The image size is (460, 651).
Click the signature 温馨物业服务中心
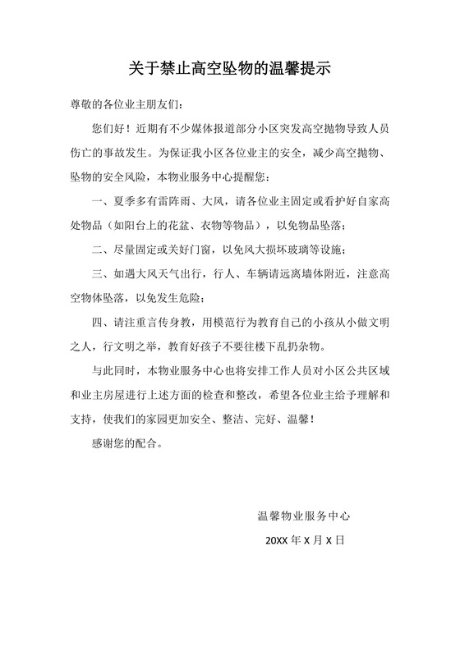[x=304, y=516]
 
